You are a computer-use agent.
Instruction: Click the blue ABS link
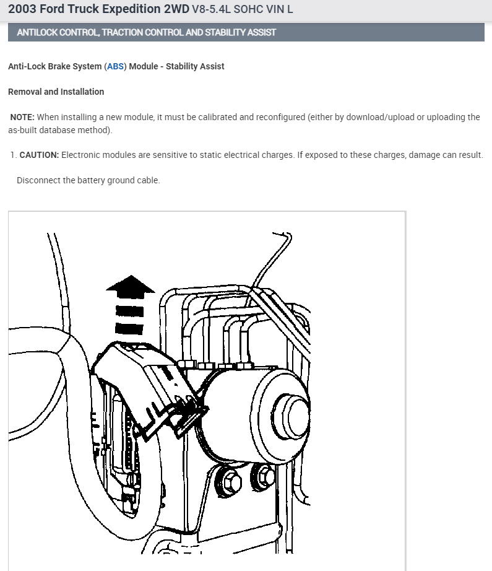(x=115, y=66)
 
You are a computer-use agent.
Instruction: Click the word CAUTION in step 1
(x=39, y=155)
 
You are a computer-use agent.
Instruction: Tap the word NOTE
(x=22, y=117)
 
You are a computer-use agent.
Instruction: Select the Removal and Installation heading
(x=56, y=92)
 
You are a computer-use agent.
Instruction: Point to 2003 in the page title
(x=22, y=9)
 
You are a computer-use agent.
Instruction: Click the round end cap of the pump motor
(x=291, y=415)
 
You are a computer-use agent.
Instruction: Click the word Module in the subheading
(x=144, y=66)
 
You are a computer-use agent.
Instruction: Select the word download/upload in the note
(x=380, y=117)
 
